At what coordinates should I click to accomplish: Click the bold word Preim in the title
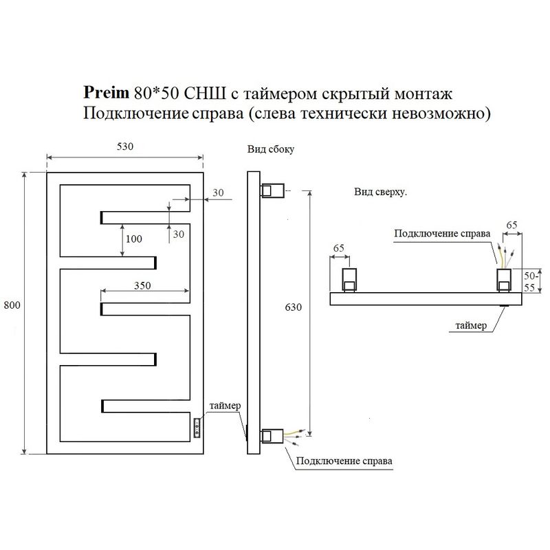(x=106, y=93)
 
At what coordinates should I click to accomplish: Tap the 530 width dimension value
(x=125, y=146)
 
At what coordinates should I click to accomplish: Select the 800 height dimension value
(x=12, y=305)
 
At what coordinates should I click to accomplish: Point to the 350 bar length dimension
(x=142, y=285)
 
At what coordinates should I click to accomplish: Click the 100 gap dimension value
(x=133, y=239)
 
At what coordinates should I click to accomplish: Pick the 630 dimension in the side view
(x=294, y=307)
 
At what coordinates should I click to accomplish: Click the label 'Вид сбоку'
(x=270, y=149)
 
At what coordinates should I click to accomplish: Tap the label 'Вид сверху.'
(x=381, y=192)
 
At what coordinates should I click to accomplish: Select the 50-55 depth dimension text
(x=529, y=282)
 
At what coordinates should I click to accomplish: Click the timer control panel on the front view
(x=197, y=428)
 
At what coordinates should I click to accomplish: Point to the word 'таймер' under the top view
(x=471, y=325)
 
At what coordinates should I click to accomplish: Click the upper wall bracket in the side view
(x=272, y=191)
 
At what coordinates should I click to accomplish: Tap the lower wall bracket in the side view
(x=272, y=437)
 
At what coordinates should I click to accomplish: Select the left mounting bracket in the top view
(x=349, y=280)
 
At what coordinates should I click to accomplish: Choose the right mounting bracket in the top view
(x=504, y=280)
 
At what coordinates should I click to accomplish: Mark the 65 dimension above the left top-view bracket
(x=338, y=248)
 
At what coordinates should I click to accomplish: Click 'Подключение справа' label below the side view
(x=344, y=461)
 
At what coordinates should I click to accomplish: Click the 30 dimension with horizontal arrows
(x=218, y=192)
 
